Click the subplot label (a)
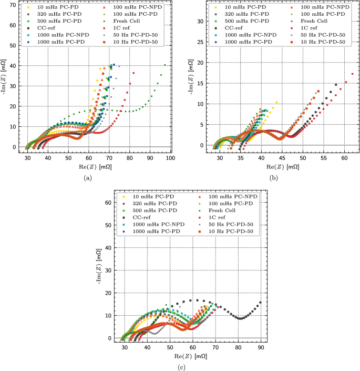click(x=87, y=177)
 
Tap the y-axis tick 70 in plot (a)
click(x=13, y=4)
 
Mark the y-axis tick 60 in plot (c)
click(x=109, y=202)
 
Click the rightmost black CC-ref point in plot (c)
click(x=260, y=303)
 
